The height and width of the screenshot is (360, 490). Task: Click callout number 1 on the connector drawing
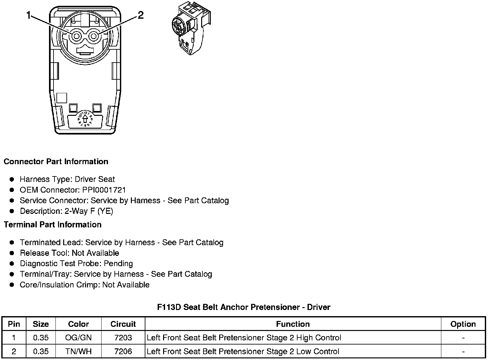[x=29, y=15]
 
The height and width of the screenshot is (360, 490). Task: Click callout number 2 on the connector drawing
[x=141, y=15]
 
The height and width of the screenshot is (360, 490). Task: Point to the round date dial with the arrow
[x=85, y=118]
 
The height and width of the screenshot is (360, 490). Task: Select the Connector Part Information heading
[x=56, y=162]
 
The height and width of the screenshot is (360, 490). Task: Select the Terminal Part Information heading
[x=53, y=225]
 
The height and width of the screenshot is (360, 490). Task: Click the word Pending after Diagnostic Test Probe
[x=118, y=264]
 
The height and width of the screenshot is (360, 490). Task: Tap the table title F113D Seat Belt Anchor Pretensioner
[x=243, y=307]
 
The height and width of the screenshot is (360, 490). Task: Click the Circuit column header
[x=123, y=324]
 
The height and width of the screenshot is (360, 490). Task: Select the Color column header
[x=78, y=324]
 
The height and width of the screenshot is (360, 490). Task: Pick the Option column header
[x=463, y=324]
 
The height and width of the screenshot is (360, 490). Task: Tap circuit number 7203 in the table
[x=123, y=338]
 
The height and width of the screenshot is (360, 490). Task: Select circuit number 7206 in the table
[x=123, y=351]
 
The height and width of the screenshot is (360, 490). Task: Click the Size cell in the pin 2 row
[x=41, y=351]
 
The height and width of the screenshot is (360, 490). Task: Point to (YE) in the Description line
[x=106, y=211]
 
